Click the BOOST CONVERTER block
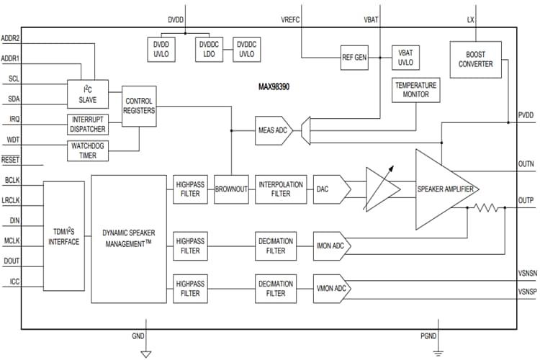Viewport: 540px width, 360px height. (x=475, y=58)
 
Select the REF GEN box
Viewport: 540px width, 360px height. (x=355, y=58)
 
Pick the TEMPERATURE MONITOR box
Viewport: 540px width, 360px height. (x=415, y=90)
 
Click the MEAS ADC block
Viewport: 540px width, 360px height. (x=273, y=130)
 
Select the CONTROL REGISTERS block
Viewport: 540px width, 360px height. (x=139, y=106)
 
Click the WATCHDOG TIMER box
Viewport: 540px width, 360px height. (x=87, y=150)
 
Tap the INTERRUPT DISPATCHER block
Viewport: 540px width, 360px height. (x=87, y=124)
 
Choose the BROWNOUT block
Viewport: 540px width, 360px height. (x=231, y=189)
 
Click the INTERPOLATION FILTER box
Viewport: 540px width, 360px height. (x=281, y=189)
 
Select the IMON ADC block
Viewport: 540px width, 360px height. (x=330, y=246)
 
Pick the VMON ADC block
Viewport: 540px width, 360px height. (x=330, y=288)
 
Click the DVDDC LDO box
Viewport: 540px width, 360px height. (x=209, y=48)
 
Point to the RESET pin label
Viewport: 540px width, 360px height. (x=10, y=160)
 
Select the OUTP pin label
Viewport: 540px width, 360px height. (x=526, y=200)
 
